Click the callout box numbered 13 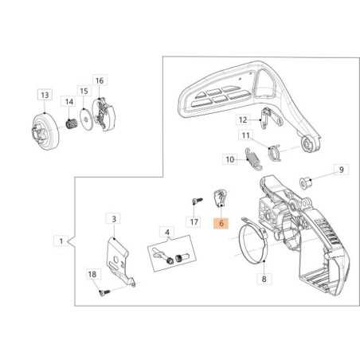[x=45, y=94]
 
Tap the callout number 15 [x=84, y=91]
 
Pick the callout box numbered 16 [x=100, y=80]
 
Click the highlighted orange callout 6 [x=221, y=225]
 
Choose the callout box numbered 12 [x=244, y=120]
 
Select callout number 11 [x=246, y=135]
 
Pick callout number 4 [x=166, y=233]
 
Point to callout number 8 [x=264, y=279]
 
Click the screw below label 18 [x=102, y=293]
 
